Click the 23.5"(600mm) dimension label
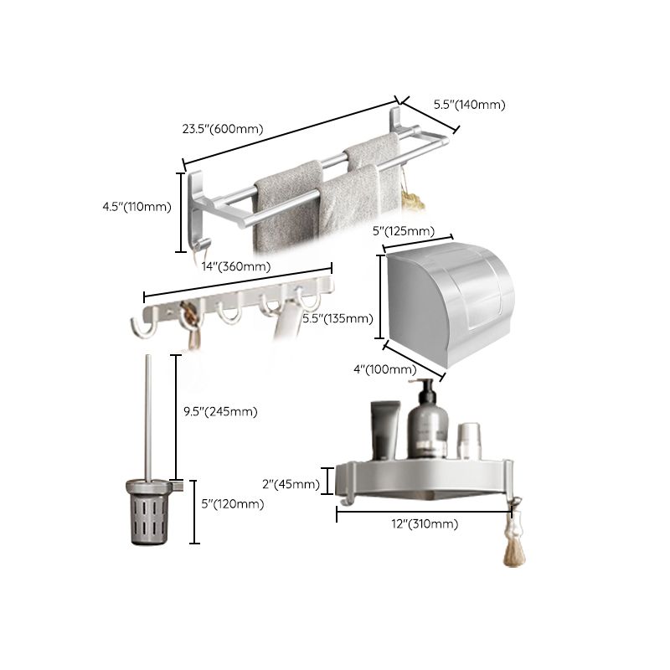coord(223,129)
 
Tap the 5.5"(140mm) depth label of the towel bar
coord(469,105)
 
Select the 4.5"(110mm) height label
coord(135,207)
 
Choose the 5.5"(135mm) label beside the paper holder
coord(338,318)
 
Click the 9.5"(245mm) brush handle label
coord(219,411)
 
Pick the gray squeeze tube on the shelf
coord(386,430)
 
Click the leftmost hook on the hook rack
coord(141,329)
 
